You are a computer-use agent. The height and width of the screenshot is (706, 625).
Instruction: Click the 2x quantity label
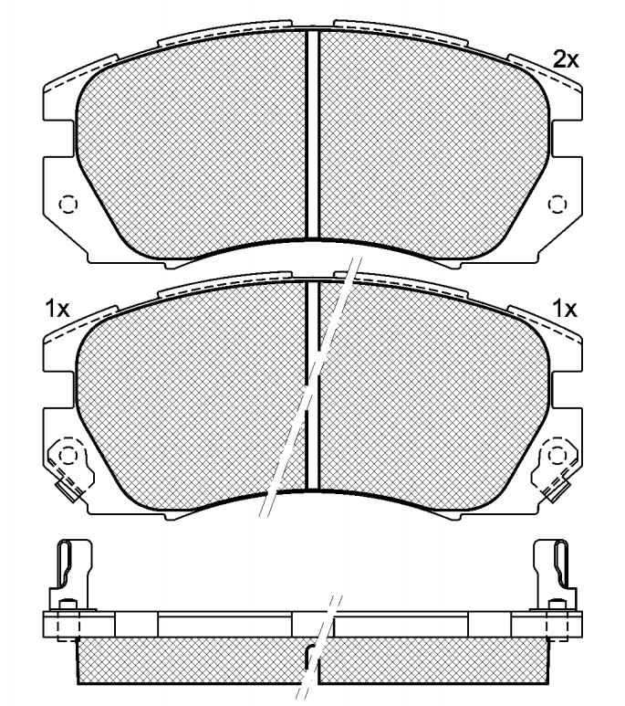pos(566,59)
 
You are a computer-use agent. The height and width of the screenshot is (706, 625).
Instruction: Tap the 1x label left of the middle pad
pos(57,309)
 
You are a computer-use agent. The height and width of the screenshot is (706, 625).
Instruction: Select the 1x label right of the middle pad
pos(564,309)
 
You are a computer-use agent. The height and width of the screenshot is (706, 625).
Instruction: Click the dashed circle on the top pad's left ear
pos(68,205)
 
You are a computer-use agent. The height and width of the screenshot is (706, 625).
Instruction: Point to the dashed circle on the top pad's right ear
pos(557,205)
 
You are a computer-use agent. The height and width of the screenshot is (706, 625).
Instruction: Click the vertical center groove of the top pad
pos(312,133)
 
